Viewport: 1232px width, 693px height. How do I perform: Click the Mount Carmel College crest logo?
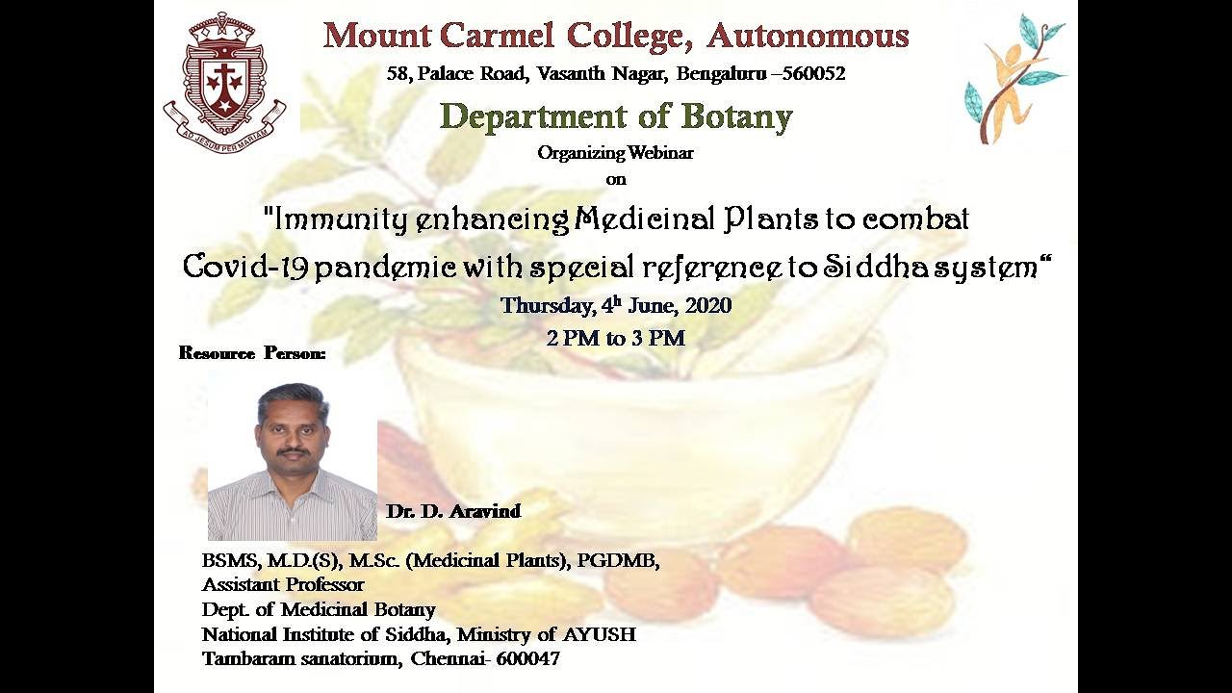[225, 83]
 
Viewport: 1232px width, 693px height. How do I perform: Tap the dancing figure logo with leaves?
[1015, 79]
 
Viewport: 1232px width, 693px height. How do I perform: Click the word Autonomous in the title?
[808, 37]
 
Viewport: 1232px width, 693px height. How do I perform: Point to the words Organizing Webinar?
[615, 152]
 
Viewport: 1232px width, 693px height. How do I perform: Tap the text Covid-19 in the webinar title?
[245, 268]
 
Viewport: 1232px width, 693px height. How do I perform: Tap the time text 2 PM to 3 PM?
[615, 338]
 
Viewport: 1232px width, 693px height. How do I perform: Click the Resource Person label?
[252, 353]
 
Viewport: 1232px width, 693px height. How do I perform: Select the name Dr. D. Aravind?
[453, 511]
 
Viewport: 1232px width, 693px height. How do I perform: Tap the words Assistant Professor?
[283, 584]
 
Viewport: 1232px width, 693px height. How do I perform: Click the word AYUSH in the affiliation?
[599, 634]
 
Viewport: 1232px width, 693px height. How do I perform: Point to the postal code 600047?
[527, 658]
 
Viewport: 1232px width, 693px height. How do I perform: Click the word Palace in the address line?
[447, 73]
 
